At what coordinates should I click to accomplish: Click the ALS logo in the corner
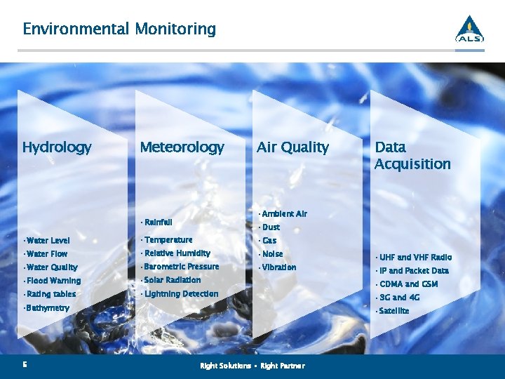point(469,29)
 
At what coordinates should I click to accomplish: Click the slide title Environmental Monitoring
point(119,29)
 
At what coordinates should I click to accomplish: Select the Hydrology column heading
point(57,147)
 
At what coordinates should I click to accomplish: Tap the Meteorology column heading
point(182,147)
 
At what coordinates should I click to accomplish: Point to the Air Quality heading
point(292,147)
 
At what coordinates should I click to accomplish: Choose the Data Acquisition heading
point(412,156)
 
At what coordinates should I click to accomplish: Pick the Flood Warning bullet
point(53,281)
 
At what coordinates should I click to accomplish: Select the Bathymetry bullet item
point(47,308)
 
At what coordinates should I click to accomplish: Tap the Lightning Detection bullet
point(181,294)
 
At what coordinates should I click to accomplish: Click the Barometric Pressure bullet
point(182,267)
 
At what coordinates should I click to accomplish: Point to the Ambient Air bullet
point(284,214)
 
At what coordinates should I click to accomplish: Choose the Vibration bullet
point(279,267)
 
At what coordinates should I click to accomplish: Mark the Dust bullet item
point(271,227)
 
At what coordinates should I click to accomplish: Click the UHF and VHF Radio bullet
point(415,258)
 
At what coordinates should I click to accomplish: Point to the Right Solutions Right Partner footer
point(252,366)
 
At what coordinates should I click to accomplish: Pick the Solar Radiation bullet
point(173,280)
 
